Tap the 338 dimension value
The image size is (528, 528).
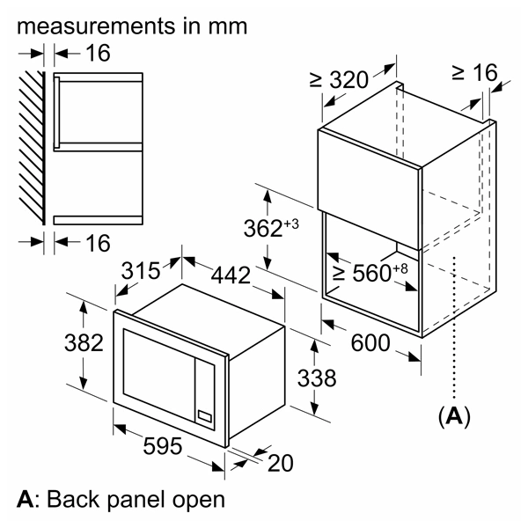point(317,378)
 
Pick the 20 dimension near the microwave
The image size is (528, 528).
point(279,461)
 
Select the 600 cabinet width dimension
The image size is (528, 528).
point(370,343)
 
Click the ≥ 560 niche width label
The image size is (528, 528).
point(370,274)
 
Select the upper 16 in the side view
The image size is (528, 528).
point(99,54)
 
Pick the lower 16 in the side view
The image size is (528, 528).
point(99,242)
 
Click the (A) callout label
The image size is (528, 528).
point(454,415)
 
